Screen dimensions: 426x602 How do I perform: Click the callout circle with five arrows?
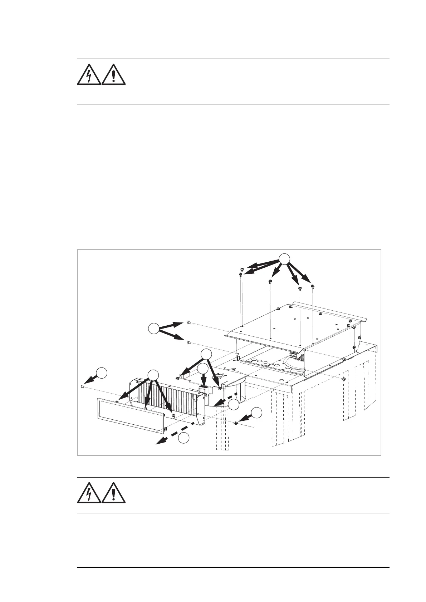click(284, 259)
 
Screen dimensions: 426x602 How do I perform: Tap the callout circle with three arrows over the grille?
click(153, 374)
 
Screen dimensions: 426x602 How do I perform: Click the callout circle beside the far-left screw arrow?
click(102, 372)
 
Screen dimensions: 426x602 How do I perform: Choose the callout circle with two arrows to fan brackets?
click(206, 354)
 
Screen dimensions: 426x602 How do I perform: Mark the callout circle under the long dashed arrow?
click(184, 438)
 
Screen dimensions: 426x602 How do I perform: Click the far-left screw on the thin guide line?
click(82, 387)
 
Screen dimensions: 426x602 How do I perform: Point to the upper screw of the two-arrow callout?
click(188, 323)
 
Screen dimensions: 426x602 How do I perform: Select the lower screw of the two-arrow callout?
click(188, 343)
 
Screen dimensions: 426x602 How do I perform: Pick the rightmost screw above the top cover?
click(313, 286)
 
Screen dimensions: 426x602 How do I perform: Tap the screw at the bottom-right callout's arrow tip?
click(236, 423)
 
